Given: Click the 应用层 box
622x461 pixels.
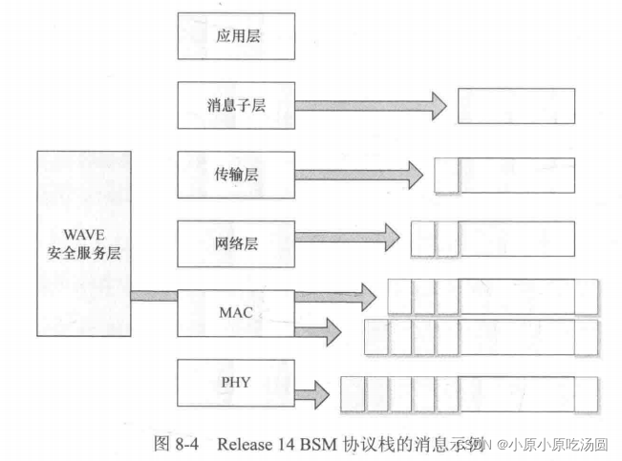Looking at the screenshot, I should pos(234,37).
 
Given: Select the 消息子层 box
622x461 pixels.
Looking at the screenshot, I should pos(234,106).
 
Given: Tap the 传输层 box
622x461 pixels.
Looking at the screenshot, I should pos(234,175).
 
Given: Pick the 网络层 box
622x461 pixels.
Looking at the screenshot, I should pos(234,243).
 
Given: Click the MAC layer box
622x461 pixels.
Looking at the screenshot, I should pos(234,311).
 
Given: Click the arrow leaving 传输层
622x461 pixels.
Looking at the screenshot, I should pos(359,175).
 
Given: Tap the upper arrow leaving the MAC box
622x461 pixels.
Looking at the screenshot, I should pos(334,297).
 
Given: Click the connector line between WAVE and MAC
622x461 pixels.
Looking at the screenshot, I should pos(153,296).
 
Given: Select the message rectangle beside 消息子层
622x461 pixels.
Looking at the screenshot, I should pos(516,105).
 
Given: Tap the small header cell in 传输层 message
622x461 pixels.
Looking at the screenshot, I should pos(446,175).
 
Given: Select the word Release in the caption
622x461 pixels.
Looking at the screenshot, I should pos(243,444).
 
